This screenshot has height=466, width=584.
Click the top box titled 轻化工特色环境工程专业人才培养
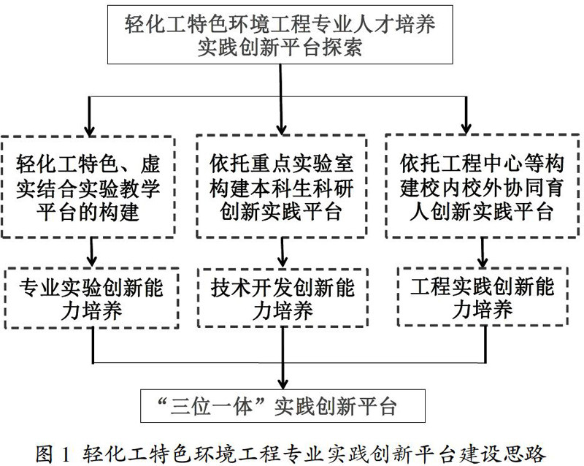click(x=281, y=34)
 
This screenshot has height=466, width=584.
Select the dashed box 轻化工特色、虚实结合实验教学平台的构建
click(x=93, y=186)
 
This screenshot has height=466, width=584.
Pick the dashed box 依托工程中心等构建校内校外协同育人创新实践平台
click(x=482, y=186)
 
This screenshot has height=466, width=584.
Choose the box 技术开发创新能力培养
click(x=283, y=299)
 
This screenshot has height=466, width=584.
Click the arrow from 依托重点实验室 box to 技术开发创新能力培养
click(x=282, y=254)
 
